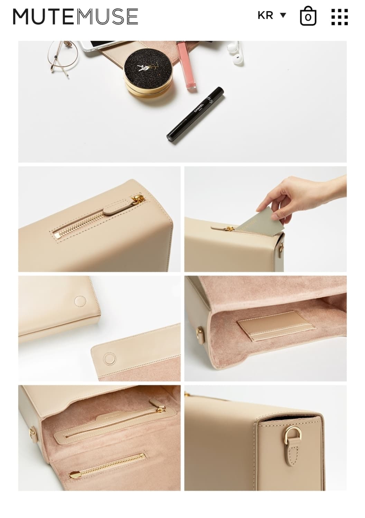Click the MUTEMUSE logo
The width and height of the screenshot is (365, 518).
[x=75, y=17]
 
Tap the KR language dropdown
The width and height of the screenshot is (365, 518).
[x=272, y=16]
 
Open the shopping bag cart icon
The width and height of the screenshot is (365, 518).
[x=308, y=16]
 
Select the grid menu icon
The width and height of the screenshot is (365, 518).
[x=339, y=17]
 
